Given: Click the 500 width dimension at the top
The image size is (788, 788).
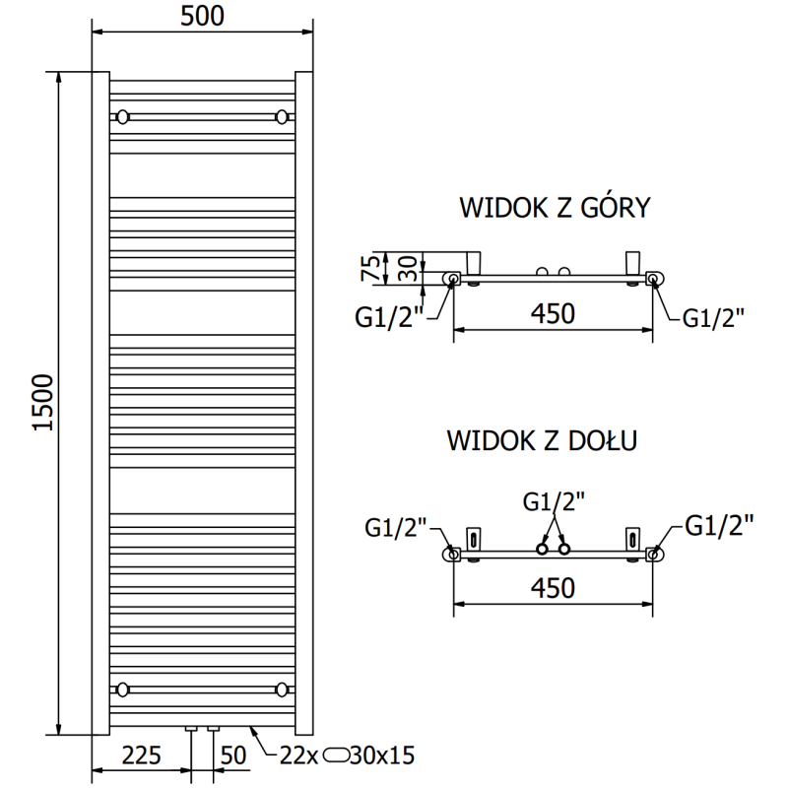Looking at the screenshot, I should click(x=203, y=16).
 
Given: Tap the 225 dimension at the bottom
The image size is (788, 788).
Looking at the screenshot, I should click(x=142, y=756).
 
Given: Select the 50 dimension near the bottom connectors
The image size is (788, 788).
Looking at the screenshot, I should click(x=232, y=756).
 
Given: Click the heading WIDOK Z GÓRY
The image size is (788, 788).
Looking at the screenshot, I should click(x=554, y=208).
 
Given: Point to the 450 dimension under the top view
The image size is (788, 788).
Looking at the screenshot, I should click(x=553, y=314).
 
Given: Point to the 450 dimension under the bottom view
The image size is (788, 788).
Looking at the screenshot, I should click(x=553, y=588).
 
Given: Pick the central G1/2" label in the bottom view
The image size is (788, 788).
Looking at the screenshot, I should click(x=553, y=500).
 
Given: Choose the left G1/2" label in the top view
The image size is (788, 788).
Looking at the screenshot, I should click(x=387, y=318).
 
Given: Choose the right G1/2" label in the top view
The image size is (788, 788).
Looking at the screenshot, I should click(x=714, y=316).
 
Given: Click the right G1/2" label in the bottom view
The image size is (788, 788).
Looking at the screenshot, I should click(x=719, y=524).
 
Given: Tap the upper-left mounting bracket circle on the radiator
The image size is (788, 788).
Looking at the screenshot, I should click(x=122, y=117).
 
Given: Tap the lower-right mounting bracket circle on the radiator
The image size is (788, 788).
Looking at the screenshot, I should click(x=284, y=689).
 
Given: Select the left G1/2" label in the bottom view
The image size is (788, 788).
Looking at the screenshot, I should click(x=395, y=529).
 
